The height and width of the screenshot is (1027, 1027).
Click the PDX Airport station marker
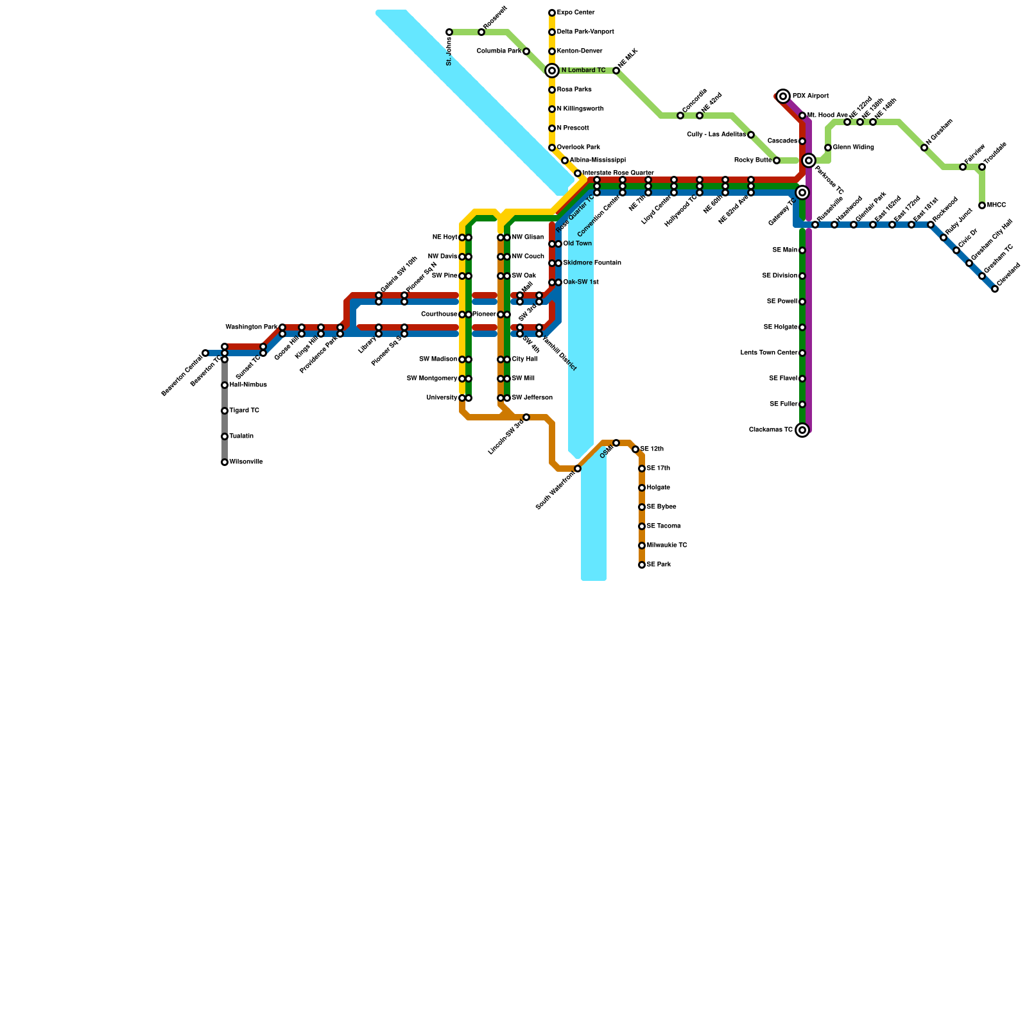click(783, 96)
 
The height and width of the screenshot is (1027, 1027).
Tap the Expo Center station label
click(576, 13)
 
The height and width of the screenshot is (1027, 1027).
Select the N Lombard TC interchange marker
click(552, 71)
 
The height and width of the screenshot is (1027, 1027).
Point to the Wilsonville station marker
click(225, 462)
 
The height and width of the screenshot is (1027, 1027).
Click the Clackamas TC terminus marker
click(802, 430)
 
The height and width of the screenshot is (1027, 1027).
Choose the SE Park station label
click(659, 565)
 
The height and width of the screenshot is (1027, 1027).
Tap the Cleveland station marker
click(995, 289)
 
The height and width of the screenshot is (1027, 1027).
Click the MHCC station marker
click(982, 205)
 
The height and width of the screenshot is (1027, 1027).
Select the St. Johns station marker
click(449, 32)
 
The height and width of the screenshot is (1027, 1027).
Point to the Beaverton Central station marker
click(205, 353)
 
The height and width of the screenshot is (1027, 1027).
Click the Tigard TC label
click(245, 411)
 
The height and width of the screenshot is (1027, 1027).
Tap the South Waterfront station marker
click(578, 469)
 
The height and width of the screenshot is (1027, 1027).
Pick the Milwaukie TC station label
click(667, 546)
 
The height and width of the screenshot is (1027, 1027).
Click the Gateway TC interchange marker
click(802, 193)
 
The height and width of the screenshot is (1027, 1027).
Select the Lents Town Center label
click(769, 353)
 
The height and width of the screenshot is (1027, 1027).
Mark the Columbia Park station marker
click(526, 51)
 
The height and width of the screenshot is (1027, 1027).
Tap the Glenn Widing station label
click(854, 148)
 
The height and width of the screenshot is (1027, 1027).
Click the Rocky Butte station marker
click(777, 160)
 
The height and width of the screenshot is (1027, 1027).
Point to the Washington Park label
click(252, 327)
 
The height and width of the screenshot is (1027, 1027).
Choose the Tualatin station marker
click(225, 436)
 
